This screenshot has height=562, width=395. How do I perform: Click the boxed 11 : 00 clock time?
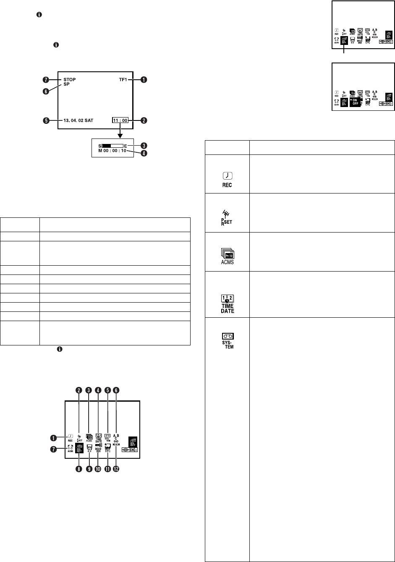120,120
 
